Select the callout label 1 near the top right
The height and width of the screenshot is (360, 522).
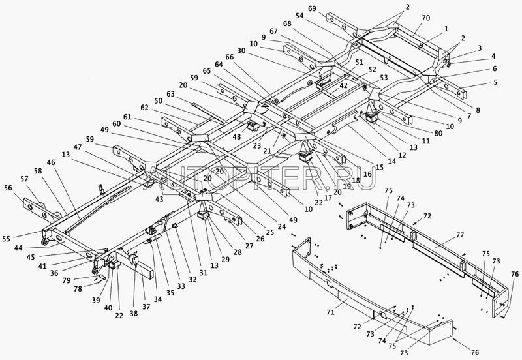(446, 29)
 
